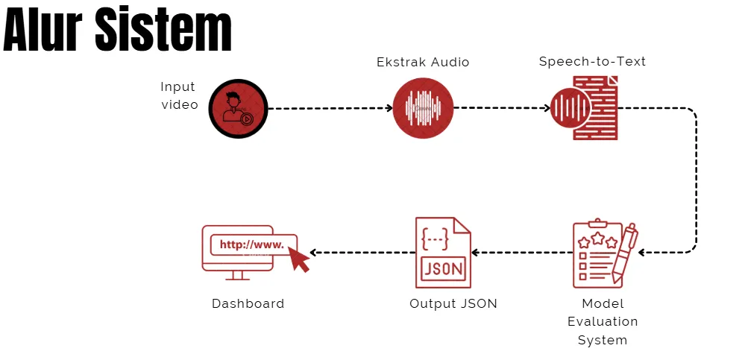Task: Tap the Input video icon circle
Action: click(x=237, y=109)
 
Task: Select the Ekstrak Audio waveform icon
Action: click(x=423, y=108)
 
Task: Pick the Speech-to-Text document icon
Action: click(x=585, y=108)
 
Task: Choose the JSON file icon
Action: click(x=443, y=253)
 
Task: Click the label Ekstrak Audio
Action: click(x=423, y=63)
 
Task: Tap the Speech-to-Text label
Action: click(x=592, y=62)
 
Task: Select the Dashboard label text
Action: click(x=248, y=304)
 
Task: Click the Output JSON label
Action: click(x=453, y=304)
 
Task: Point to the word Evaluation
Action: click(x=603, y=322)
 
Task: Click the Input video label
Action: click(x=180, y=96)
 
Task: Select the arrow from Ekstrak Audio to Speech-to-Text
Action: click(x=500, y=109)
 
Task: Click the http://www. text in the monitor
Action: click(x=251, y=244)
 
